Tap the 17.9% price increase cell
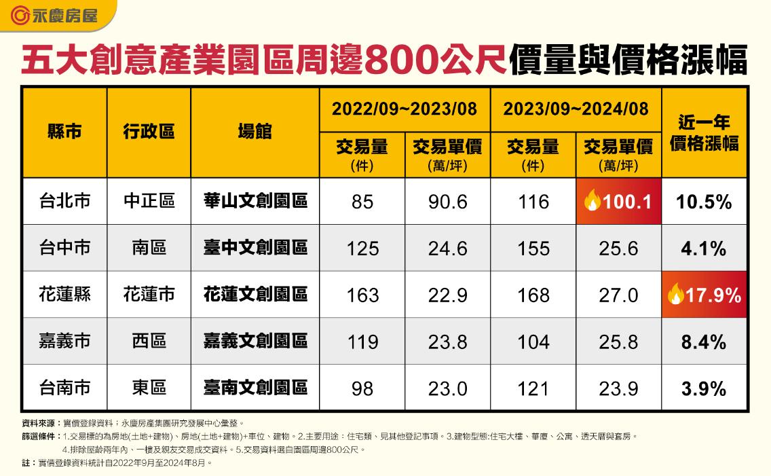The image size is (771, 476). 704,295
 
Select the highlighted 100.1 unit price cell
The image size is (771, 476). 618,202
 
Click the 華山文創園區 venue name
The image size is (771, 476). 255,201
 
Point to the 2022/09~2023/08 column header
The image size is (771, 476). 405,109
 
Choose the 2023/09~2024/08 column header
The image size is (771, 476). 576,109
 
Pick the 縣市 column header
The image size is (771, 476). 64,132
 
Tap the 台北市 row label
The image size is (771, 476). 64,201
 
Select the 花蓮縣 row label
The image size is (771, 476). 64,294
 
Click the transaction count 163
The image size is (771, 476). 362,295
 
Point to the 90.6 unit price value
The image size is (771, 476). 447,202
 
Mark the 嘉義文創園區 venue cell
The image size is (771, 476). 255,340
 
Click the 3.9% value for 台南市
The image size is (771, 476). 704,388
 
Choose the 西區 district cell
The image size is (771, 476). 149,340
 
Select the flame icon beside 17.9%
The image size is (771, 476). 675,294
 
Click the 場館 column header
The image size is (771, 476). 255,132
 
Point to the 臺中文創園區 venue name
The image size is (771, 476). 255,247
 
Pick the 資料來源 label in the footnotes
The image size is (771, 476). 37,422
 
